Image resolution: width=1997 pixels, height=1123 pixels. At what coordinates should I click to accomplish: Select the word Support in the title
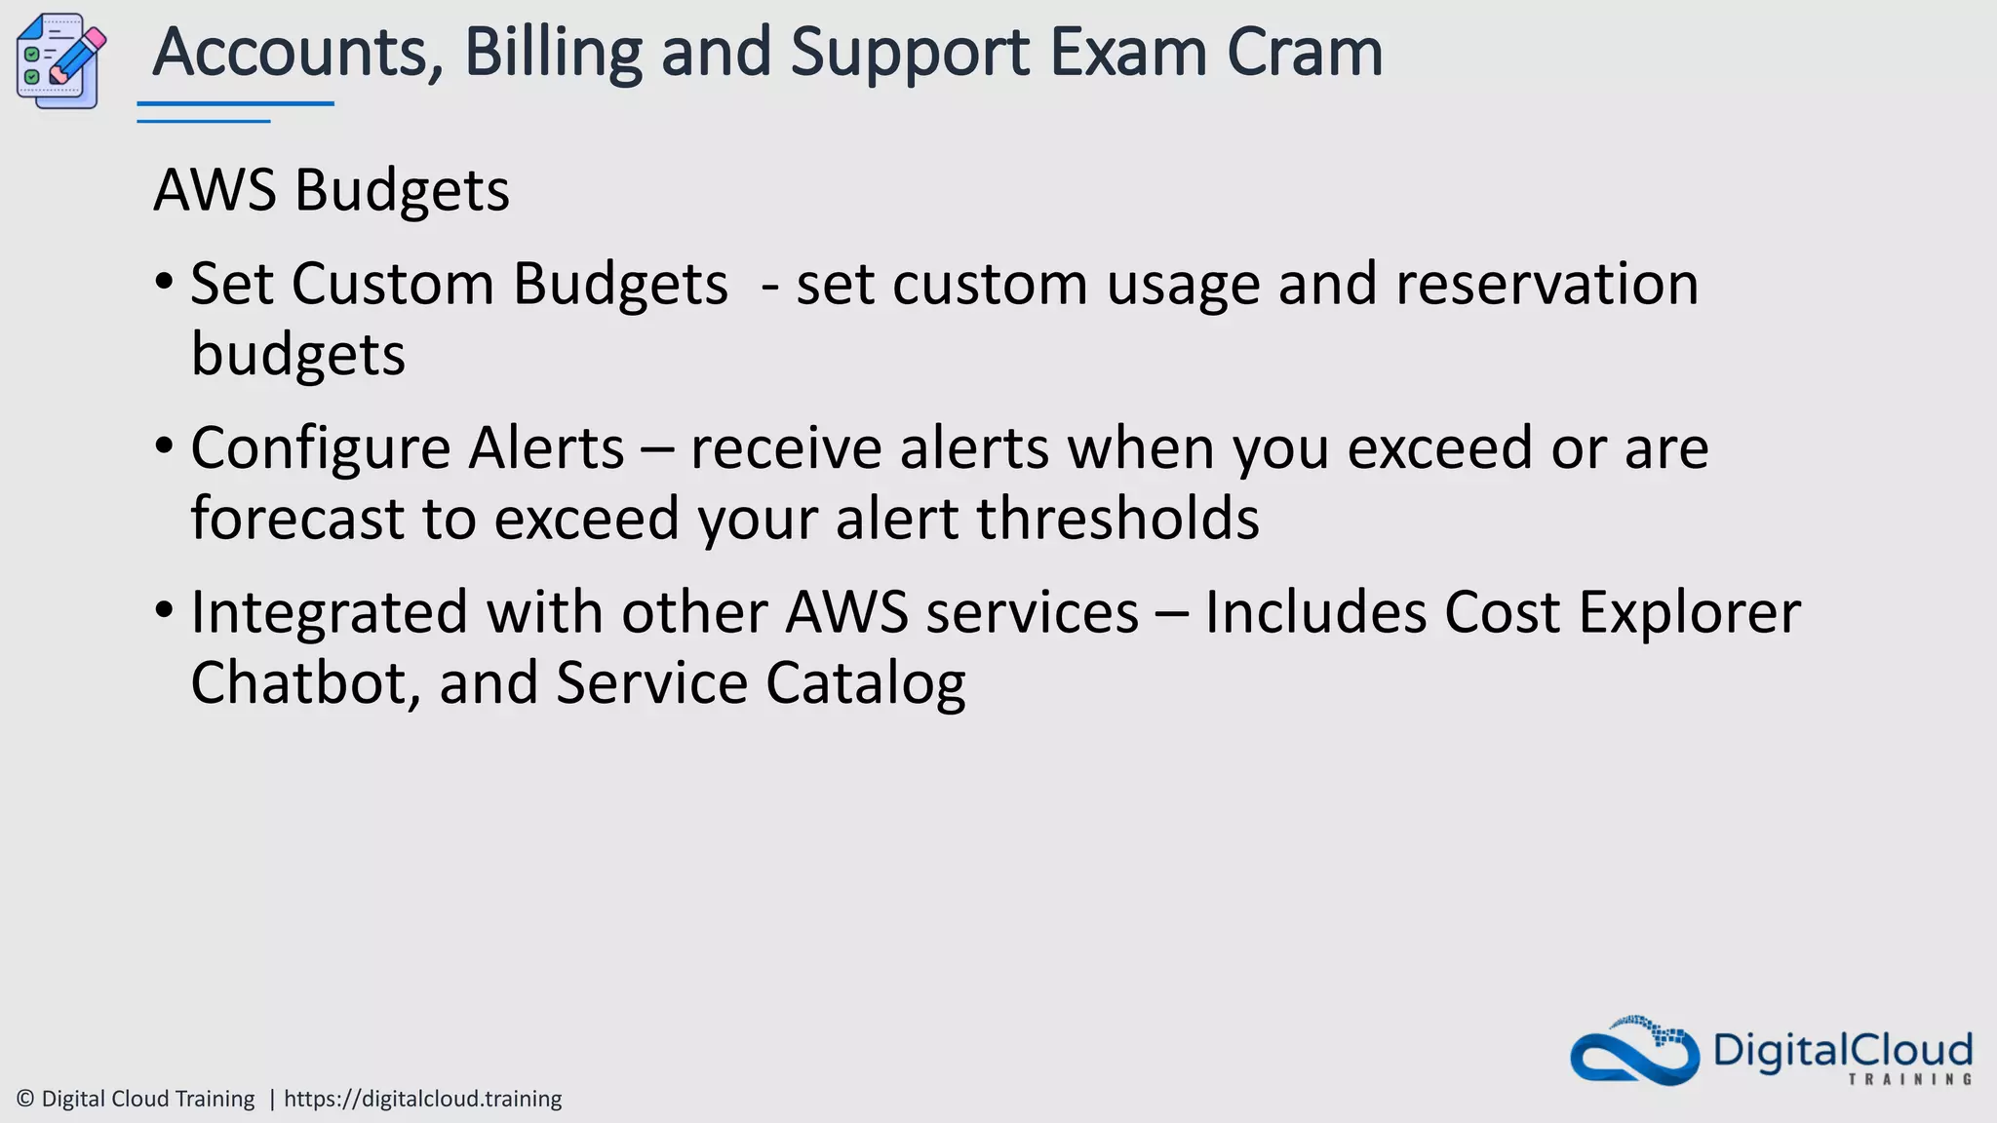[x=909, y=54]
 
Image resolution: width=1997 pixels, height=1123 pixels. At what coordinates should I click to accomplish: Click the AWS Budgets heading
[x=332, y=190]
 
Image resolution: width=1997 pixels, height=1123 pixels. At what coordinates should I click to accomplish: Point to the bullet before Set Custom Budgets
[x=165, y=284]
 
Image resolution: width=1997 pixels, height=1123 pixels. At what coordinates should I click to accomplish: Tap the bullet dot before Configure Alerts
[x=165, y=447]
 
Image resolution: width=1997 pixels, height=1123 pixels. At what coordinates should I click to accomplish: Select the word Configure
[x=321, y=450]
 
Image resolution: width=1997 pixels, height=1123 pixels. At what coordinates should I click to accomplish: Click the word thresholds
[x=1117, y=518]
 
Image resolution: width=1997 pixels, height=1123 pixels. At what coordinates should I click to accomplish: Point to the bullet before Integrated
[x=165, y=611]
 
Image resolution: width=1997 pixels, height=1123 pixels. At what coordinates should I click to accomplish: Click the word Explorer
[x=1689, y=614]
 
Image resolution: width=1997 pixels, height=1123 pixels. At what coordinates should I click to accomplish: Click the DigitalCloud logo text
[x=1842, y=1051]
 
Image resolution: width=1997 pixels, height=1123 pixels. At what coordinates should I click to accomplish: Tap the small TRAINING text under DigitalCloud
[x=1909, y=1079]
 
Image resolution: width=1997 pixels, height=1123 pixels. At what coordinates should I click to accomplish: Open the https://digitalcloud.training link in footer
[x=422, y=1099]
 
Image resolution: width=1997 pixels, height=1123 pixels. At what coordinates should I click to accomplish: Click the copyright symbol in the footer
[x=26, y=1099]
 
